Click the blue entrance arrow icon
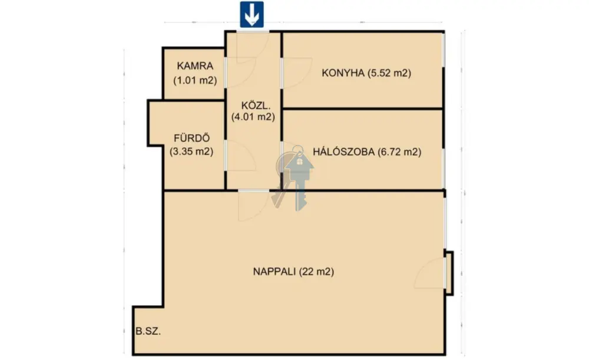[252, 14]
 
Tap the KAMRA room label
[195, 66]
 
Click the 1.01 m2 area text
[195, 80]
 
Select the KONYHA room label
[343, 73]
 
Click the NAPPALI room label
[274, 271]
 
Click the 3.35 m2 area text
[191, 151]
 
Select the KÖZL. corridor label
[256, 105]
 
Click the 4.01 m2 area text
[253, 117]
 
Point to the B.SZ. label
[148, 332]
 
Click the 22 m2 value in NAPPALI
[316, 271]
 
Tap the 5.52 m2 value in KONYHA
[389, 73]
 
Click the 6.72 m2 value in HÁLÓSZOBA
[399, 152]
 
